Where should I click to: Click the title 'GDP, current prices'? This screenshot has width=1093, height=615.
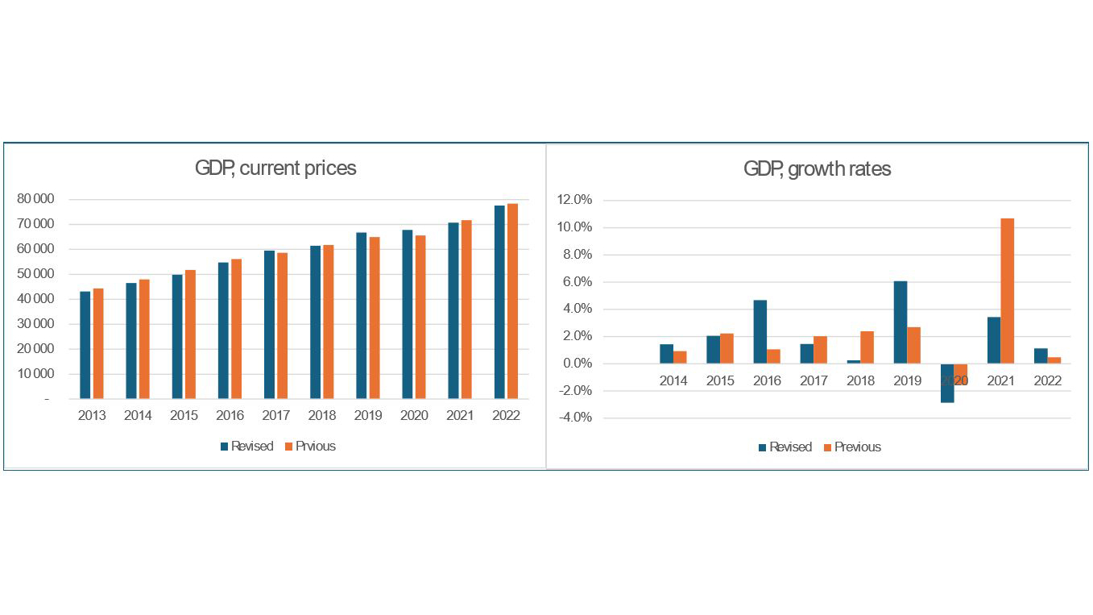[275, 168]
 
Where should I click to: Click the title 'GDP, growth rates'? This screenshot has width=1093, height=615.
[817, 169]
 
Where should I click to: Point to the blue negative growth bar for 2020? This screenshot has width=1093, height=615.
[947, 383]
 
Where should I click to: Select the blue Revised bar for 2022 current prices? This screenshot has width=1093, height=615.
[500, 302]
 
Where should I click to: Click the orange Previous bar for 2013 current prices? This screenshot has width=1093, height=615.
[98, 343]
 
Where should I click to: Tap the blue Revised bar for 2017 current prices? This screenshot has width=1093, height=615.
[269, 325]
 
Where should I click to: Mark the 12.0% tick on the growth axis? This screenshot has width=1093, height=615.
[574, 201]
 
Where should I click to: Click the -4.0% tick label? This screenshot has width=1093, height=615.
[574, 418]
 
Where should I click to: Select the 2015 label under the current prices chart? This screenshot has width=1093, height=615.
[183, 416]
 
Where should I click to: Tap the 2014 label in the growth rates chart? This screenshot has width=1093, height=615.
[673, 381]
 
